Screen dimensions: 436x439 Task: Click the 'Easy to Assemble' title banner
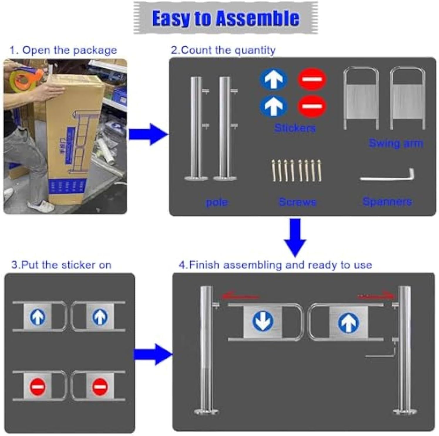[226, 18]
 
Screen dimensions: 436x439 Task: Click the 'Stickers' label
[295, 128]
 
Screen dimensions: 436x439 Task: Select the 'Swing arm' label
[396, 143]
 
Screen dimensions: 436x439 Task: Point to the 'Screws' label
[297, 202]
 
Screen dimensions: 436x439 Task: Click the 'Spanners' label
[387, 202]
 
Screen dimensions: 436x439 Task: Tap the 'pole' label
[217, 202]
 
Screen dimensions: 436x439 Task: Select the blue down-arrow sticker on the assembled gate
[263, 321]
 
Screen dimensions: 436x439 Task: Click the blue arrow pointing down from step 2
[295, 237]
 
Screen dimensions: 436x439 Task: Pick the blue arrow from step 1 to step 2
[148, 135]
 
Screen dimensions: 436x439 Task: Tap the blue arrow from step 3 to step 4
[153, 354]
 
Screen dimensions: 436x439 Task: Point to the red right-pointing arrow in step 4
[376, 296]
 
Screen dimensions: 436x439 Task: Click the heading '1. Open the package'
[63, 50]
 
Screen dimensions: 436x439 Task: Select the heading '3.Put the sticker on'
[61, 265]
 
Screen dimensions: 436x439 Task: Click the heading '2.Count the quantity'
[223, 50]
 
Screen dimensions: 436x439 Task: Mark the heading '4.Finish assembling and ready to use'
[275, 265]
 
